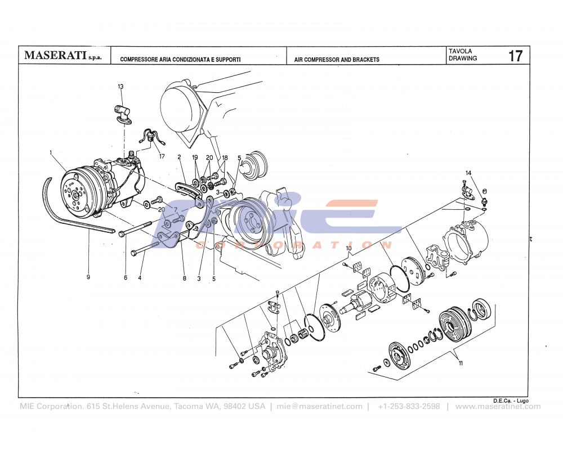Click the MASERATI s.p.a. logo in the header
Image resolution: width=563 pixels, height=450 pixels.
62,56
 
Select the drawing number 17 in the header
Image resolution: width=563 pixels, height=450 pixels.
515,56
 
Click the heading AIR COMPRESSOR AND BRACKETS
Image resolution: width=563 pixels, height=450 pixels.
337,60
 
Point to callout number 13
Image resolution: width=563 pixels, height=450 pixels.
120,87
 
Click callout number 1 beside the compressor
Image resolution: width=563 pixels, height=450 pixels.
51,152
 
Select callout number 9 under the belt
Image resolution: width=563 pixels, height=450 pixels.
88,277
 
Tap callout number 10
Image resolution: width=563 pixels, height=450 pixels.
348,248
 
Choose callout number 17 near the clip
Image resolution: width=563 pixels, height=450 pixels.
162,156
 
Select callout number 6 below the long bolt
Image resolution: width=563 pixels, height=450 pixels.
126,277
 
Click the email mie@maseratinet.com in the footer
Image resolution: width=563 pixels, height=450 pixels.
319,406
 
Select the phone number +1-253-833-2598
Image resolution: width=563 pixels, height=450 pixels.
409,406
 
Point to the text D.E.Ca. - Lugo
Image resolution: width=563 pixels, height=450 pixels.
510,400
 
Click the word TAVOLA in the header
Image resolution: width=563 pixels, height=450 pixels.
460,51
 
